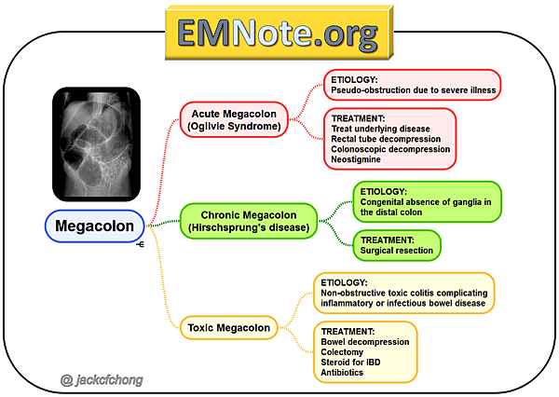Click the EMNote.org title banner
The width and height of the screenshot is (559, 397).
click(279, 34)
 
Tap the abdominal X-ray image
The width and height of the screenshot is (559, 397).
click(97, 144)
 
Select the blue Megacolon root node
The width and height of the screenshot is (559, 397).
click(92, 226)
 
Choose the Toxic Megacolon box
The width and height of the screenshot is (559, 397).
click(229, 327)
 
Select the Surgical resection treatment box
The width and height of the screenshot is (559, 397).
click(396, 245)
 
